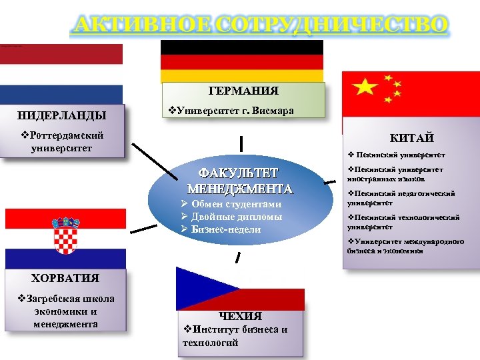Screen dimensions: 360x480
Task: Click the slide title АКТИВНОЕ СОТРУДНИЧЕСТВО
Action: click(259, 25)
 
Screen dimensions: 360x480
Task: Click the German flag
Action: click(242, 61)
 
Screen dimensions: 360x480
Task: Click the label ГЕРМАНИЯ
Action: click(243, 91)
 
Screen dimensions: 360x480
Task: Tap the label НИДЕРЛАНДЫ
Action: click(61, 114)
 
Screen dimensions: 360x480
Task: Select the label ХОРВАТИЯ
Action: click(65, 278)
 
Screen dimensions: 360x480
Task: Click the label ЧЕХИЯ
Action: click(241, 316)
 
